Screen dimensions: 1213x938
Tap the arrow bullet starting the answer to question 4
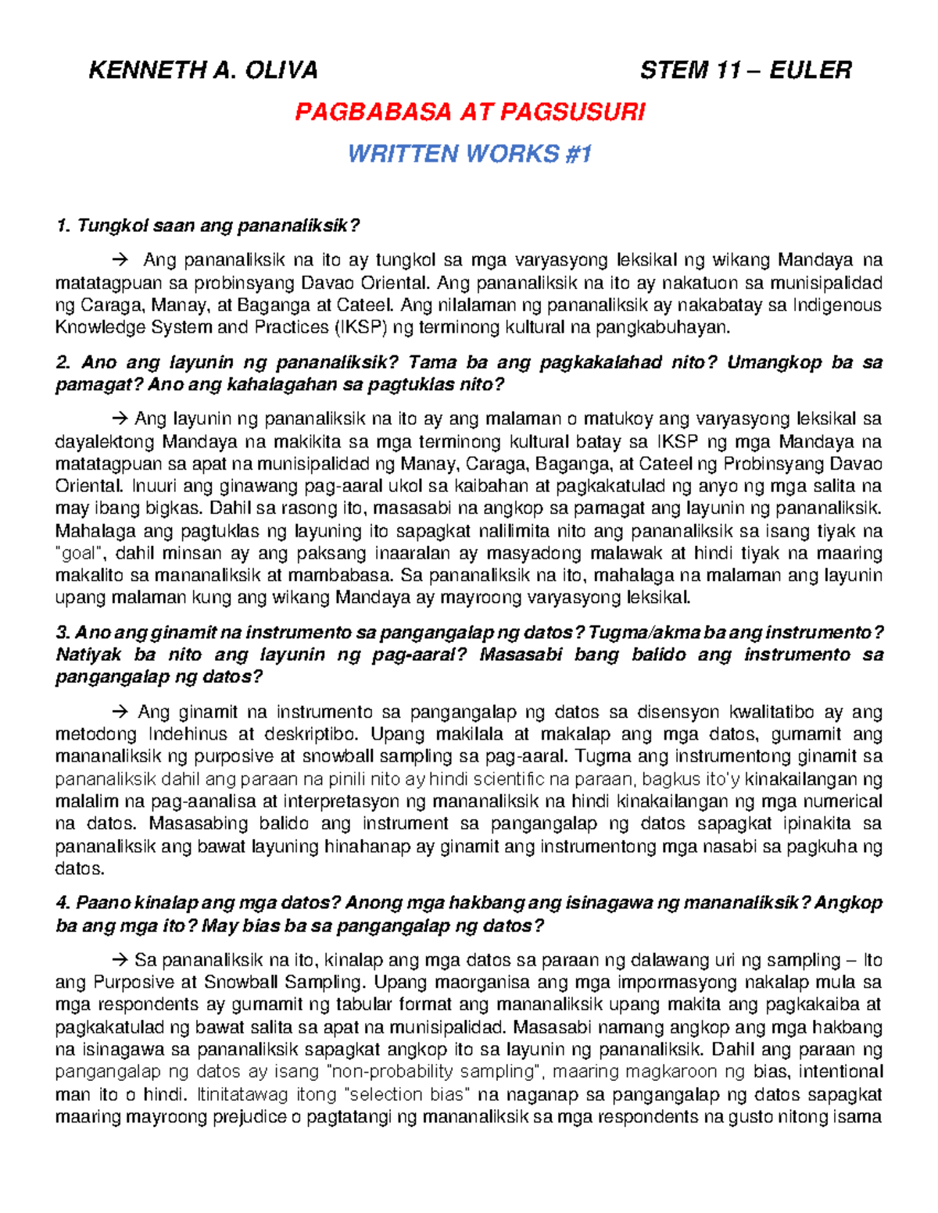(120, 960)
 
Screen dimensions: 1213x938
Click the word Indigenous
(837, 305)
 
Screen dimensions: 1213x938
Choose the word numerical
(841, 801)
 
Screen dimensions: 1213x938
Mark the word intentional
(840, 1072)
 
